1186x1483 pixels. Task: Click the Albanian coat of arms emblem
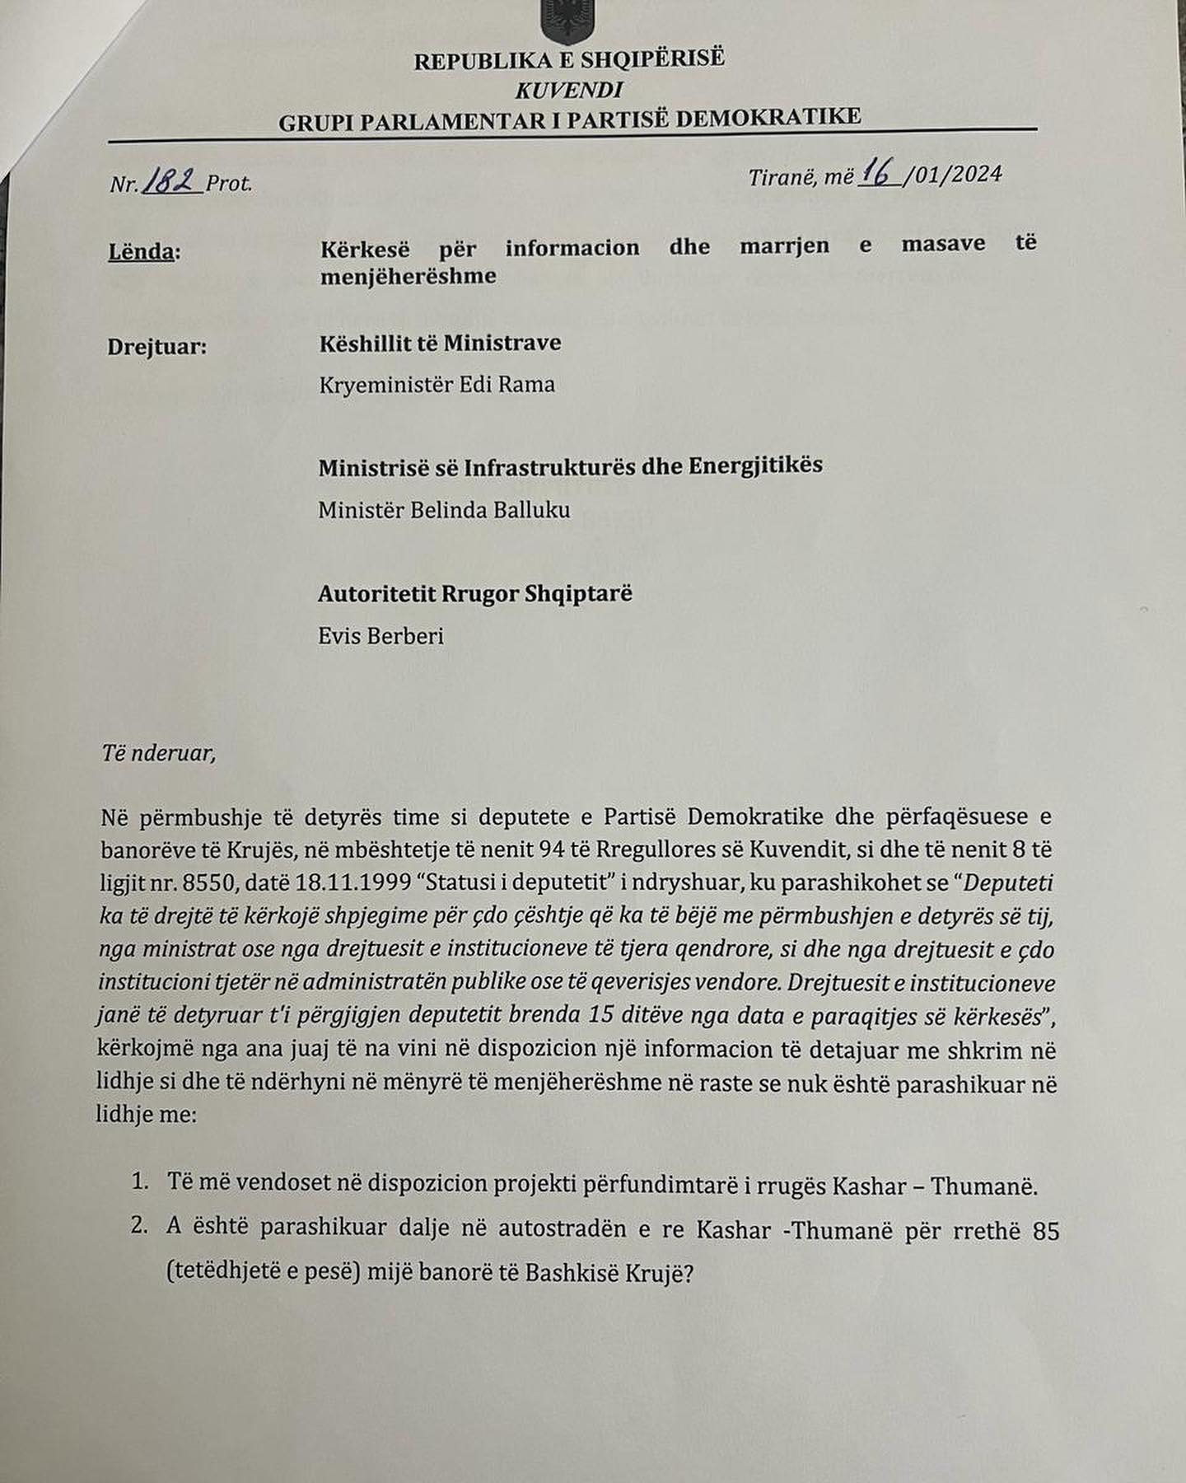click(566, 20)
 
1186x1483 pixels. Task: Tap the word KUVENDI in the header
click(568, 90)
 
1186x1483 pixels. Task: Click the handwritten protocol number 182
click(170, 180)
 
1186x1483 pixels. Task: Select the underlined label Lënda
click(142, 250)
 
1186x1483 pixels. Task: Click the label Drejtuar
click(156, 346)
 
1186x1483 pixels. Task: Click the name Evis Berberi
click(381, 636)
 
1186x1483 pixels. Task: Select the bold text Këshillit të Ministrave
click(440, 343)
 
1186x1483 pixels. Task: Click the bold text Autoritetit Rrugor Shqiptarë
click(474, 594)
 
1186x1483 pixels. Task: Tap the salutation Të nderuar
click(158, 753)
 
